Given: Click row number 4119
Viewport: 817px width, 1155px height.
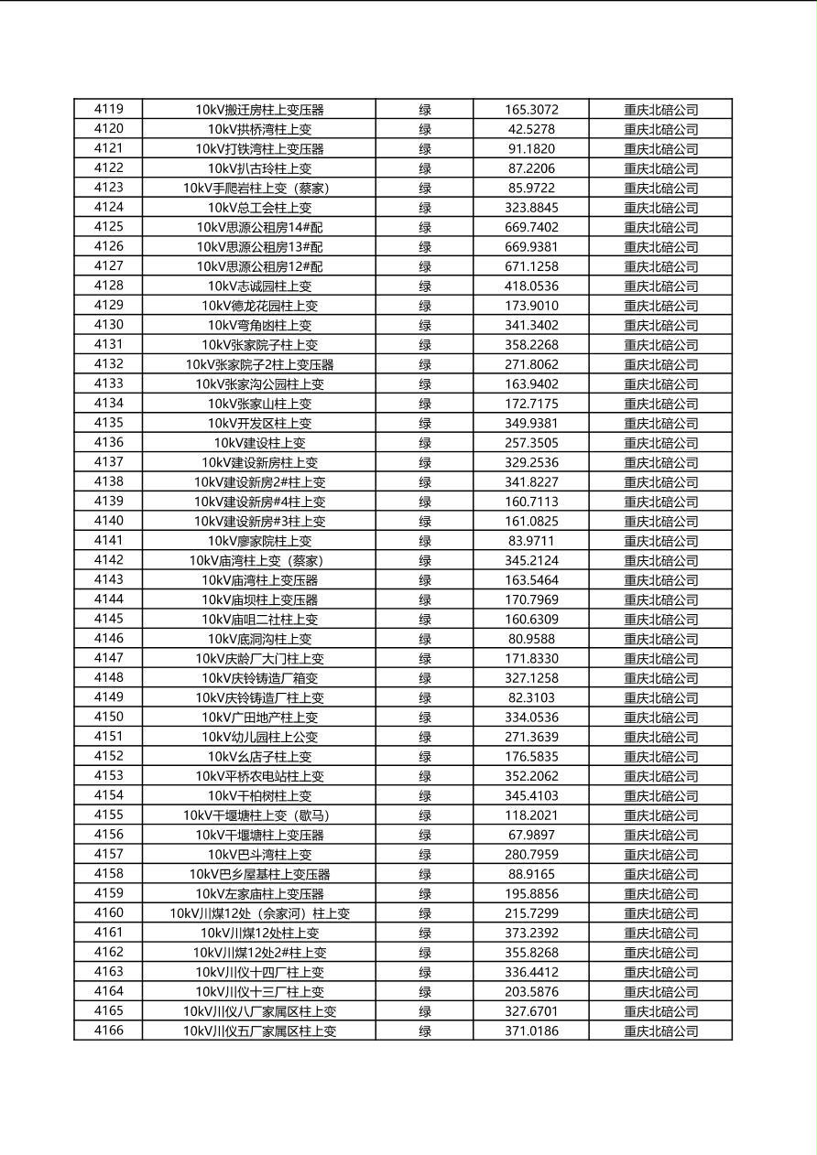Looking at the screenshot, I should [108, 109].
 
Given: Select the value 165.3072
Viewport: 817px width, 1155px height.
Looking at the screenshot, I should [531, 110].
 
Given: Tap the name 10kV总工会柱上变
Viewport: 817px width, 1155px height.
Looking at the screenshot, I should [259, 208].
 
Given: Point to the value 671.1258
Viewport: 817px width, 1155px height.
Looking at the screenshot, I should [531, 266].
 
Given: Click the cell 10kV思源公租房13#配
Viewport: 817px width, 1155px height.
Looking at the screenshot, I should [259, 247].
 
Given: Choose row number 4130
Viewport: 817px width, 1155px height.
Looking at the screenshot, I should [108, 325].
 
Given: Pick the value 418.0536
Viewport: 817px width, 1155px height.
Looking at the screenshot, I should [531, 286].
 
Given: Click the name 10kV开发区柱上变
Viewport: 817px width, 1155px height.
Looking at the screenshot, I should [259, 424].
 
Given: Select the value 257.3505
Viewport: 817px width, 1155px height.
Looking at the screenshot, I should [531, 443].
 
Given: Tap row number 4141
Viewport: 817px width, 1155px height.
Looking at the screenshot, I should [108, 541].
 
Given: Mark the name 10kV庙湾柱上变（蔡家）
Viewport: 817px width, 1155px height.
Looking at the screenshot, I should [259, 560].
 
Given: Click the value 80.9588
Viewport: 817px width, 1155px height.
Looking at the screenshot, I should [531, 639].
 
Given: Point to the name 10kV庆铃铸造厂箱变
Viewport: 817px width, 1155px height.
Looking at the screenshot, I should [259, 678].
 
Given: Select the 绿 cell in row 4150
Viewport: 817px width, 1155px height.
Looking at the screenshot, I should [425, 718].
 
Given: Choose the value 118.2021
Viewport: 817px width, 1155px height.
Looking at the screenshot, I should [531, 815].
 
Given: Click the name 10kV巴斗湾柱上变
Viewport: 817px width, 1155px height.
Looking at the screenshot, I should [259, 855].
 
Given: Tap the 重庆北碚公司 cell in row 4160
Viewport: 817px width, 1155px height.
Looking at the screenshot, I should [660, 913].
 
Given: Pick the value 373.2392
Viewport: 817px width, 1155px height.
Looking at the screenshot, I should [531, 933].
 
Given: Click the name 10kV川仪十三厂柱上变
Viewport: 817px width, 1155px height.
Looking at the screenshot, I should [259, 992].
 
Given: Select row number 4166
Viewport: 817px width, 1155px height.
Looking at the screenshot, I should [108, 1031].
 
